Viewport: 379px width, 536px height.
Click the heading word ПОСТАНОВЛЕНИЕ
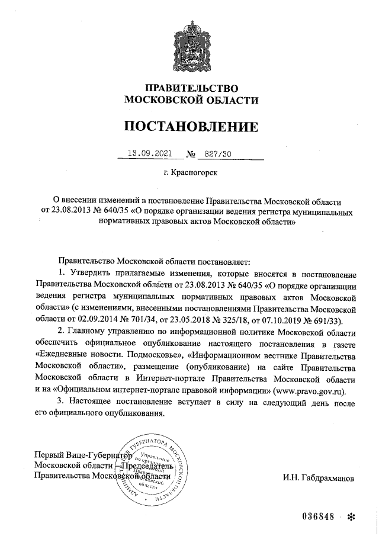[x=191, y=126]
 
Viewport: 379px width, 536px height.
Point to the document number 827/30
[x=217, y=153]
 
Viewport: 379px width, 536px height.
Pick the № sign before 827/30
[x=191, y=154]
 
